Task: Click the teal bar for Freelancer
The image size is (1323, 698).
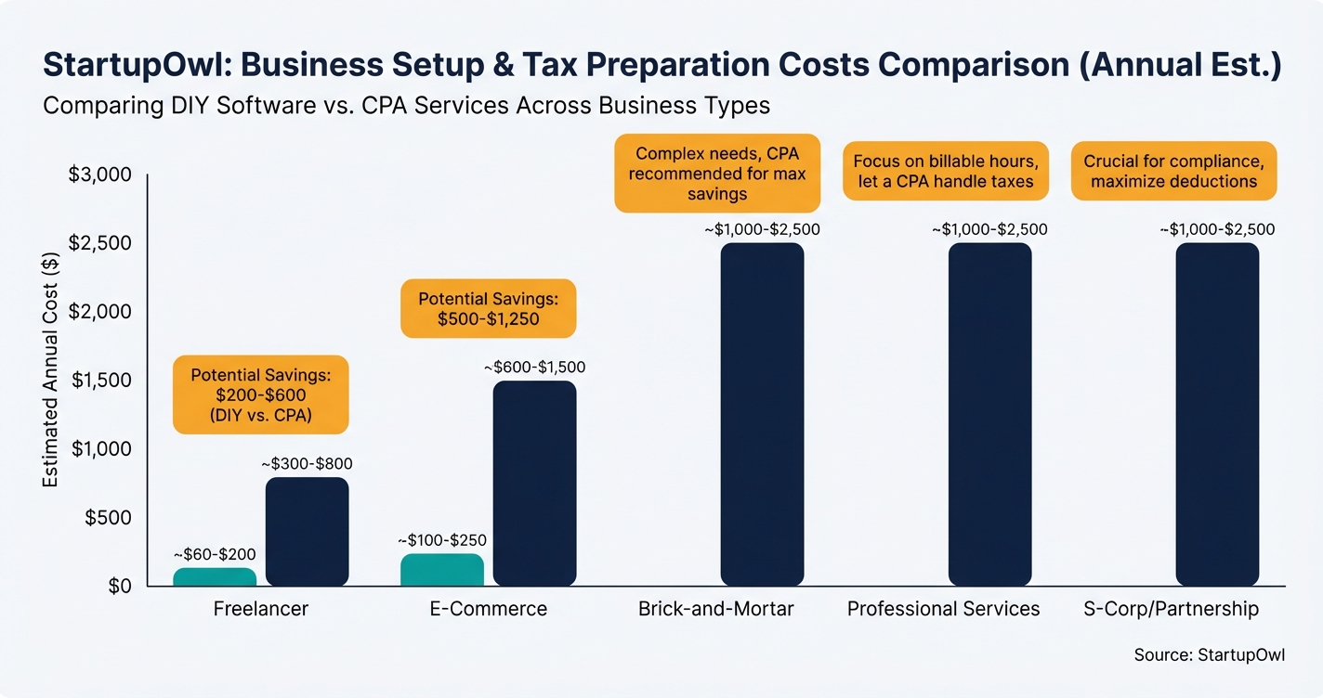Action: [x=215, y=576]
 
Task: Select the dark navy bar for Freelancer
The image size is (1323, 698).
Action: [x=307, y=532]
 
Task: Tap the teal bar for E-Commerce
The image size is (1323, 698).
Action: [x=441, y=570]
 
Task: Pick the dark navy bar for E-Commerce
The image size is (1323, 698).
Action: [x=534, y=484]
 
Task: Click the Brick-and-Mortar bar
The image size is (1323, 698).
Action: [x=762, y=415]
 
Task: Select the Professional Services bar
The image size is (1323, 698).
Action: [x=989, y=415]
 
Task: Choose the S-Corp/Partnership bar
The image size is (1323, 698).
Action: [x=1217, y=415]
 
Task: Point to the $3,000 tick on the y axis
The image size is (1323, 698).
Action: [x=101, y=175]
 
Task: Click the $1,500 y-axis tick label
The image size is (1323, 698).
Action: [x=101, y=381]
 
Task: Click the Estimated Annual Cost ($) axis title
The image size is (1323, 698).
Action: [x=52, y=381]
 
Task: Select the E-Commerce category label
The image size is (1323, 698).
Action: [x=488, y=609]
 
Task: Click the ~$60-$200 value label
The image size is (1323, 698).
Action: [x=215, y=554]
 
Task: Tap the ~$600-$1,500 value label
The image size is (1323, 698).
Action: [x=534, y=368]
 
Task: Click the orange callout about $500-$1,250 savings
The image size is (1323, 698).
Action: [x=488, y=310]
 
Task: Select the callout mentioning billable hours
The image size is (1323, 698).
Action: [x=945, y=171]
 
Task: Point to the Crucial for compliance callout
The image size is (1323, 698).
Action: [x=1173, y=171]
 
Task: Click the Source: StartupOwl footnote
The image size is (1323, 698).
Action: [x=1209, y=654]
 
